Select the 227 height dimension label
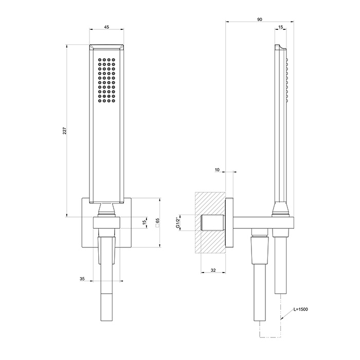pos(64,131)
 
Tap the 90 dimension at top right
pos(260,19)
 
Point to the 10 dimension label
pos(217,169)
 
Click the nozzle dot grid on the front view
pos(107,80)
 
